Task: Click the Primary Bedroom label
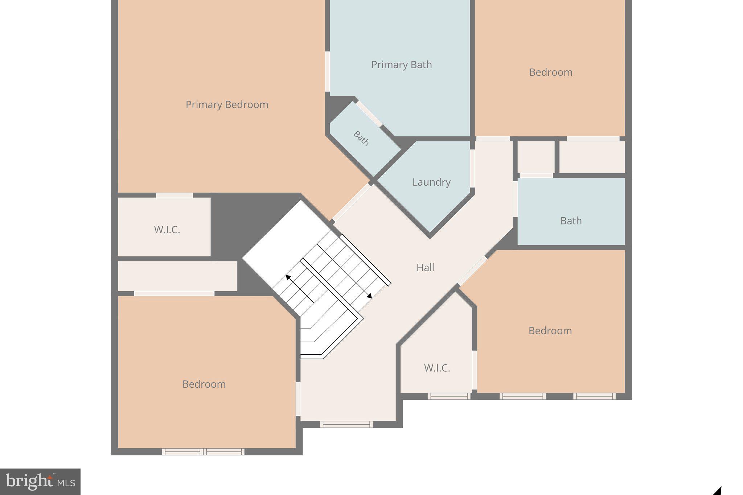(227, 105)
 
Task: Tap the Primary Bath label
(401, 65)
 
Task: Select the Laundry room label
(431, 182)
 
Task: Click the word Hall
(425, 268)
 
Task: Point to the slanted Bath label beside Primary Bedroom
(361, 139)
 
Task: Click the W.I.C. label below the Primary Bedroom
(167, 230)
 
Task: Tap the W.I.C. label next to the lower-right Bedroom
(437, 368)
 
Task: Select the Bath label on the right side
(571, 221)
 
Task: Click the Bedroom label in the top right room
(550, 73)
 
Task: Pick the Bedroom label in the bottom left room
(204, 384)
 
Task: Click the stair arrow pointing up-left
(288, 277)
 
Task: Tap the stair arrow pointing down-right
(369, 296)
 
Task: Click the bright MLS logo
(40, 482)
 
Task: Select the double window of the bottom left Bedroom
(203, 451)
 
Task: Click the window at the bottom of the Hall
(346, 424)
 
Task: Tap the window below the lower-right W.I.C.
(449, 396)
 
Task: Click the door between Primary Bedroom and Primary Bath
(327, 71)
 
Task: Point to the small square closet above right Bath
(536, 157)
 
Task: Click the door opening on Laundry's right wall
(472, 169)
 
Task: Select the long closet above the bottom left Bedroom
(177, 276)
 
